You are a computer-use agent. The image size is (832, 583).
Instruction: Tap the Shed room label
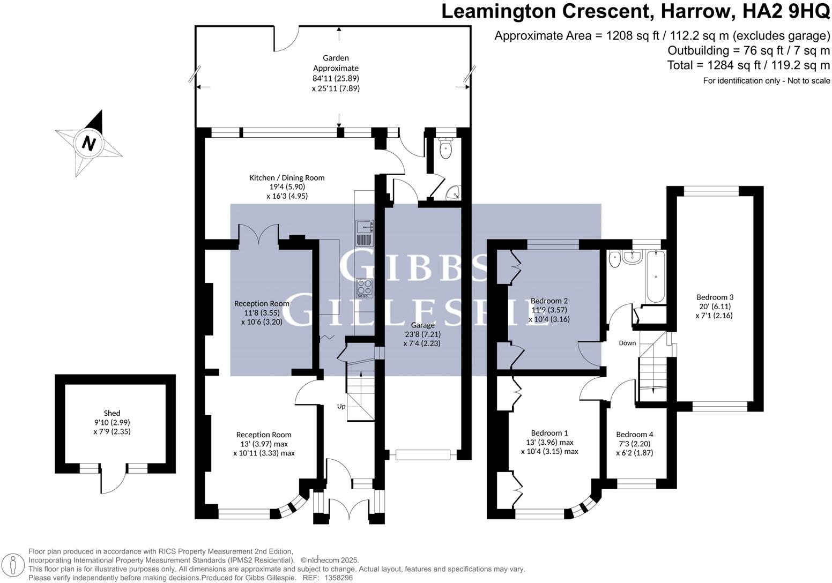click(112, 413)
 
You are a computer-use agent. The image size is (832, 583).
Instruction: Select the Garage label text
click(423, 325)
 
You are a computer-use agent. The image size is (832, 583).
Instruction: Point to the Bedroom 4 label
click(635, 435)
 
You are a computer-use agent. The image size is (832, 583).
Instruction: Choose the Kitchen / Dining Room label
click(287, 178)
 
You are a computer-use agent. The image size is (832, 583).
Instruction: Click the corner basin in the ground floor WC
click(454, 192)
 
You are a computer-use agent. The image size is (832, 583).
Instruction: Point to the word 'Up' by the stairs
click(341, 406)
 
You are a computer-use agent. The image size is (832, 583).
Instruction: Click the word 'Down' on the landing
click(627, 343)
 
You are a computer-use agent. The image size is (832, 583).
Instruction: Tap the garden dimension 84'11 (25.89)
click(336, 78)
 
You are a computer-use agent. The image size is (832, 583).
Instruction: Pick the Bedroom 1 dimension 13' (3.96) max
click(549, 443)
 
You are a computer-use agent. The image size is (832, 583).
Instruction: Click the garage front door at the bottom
click(422, 455)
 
